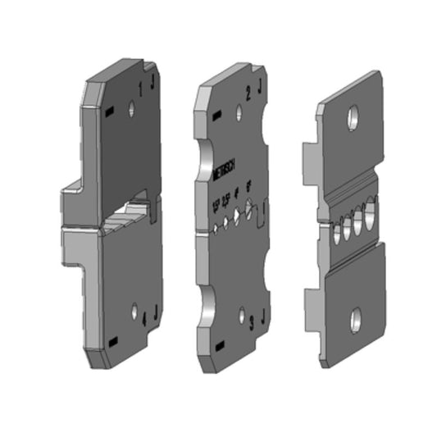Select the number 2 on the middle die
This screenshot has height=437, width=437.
click(248, 93)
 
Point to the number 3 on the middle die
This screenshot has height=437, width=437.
click(251, 316)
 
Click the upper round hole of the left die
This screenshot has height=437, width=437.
click(133, 107)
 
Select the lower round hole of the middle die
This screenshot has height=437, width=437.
click(240, 314)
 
